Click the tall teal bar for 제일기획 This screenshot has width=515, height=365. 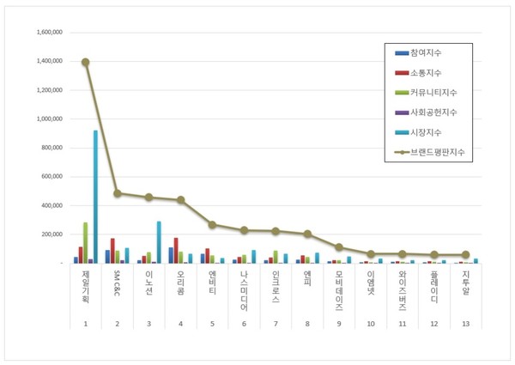(x=95, y=197)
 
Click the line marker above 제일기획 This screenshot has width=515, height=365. (x=85, y=62)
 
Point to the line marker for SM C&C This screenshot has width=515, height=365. (x=117, y=193)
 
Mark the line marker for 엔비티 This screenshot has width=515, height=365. (x=211, y=224)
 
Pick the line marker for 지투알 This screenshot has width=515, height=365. (x=465, y=254)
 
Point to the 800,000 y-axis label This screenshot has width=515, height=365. (x=51, y=148)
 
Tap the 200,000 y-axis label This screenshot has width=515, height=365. (x=51, y=234)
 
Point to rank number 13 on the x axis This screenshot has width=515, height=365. (x=465, y=325)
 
